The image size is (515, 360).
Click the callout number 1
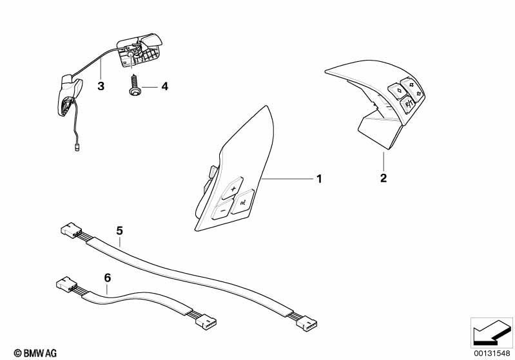[319, 179]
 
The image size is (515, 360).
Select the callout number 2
[384, 178]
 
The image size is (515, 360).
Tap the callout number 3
[101, 86]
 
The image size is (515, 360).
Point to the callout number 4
[164, 86]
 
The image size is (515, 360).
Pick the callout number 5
[119, 231]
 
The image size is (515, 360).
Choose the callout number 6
[108, 278]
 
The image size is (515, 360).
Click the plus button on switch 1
[233, 188]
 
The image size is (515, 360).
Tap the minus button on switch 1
[222, 211]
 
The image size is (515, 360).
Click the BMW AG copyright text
[35, 353]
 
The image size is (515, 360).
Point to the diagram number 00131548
[492, 353]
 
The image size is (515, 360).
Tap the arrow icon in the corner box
[491, 332]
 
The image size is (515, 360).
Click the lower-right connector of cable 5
[307, 323]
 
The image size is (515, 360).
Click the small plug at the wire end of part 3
[77, 149]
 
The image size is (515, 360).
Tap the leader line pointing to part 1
[288, 178]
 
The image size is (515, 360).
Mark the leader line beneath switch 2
[384, 161]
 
